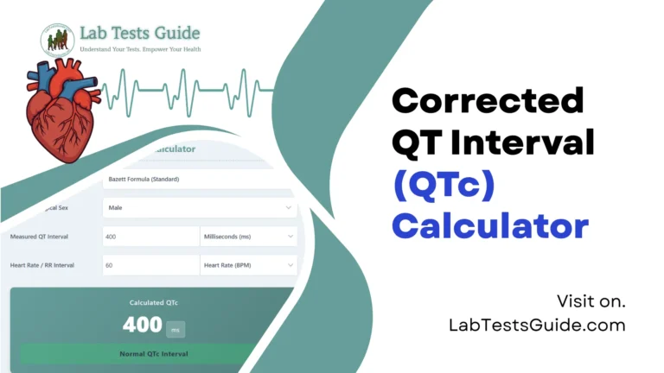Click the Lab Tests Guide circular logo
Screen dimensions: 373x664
coord(57,41)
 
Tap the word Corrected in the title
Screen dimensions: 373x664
coord(488,101)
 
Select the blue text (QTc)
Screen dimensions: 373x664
coord(439,184)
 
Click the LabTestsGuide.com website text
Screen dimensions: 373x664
coord(537,325)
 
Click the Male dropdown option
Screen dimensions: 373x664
coord(199,208)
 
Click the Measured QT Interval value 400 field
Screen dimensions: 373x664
coord(150,237)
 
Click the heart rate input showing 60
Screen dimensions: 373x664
coord(150,265)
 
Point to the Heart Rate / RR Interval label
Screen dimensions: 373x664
coord(41,265)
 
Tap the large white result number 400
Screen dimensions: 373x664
coord(142,325)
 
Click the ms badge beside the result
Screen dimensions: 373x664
coord(176,327)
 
